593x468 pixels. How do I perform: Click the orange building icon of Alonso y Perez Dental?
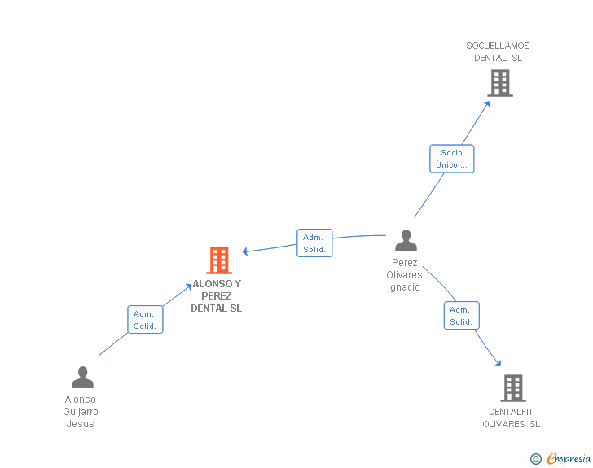[x=218, y=260]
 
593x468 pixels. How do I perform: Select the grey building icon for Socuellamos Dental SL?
[x=499, y=83]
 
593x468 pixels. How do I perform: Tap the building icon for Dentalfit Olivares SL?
[x=512, y=388]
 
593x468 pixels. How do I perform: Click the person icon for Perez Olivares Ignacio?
[x=406, y=241]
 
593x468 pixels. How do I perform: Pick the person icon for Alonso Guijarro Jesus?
[x=82, y=378]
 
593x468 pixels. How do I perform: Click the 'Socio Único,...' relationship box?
[x=451, y=159]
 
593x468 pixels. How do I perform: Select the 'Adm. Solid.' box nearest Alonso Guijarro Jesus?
[x=145, y=319]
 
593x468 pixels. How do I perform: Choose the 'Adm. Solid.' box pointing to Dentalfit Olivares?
[x=461, y=315]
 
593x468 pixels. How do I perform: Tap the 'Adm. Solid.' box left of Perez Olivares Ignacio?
[x=314, y=243]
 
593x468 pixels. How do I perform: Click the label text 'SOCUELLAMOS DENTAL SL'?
[x=498, y=52]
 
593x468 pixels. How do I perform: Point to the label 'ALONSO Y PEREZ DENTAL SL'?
[x=217, y=296]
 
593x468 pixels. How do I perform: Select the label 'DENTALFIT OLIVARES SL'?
[x=511, y=418]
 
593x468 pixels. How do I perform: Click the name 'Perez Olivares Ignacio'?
[x=404, y=275]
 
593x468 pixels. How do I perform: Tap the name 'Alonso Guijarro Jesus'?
[x=80, y=412]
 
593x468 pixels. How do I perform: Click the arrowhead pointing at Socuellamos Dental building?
[x=487, y=103]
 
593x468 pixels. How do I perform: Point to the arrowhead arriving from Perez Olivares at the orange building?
[x=245, y=251]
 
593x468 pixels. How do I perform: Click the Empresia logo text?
[x=569, y=459]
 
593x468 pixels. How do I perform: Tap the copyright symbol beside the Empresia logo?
[x=536, y=459]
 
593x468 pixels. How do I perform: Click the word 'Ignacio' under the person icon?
[x=404, y=287]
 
